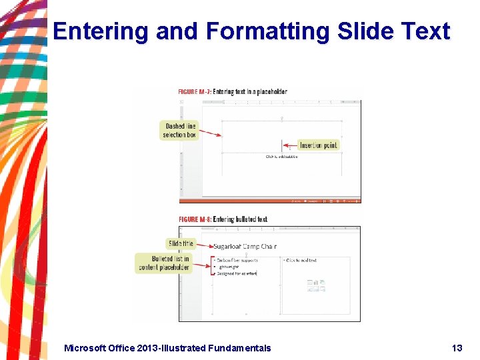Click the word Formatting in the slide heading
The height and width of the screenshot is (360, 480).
tap(267, 32)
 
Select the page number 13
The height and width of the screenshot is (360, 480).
tap(457, 348)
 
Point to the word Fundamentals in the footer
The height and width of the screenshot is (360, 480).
tap(239, 348)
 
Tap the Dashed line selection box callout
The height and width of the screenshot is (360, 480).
tap(180, 131)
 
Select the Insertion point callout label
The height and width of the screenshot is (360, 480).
tap(319, 145)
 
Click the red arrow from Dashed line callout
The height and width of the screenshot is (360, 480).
tap(211, 133)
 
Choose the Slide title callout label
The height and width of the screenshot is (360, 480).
tap(181, 244)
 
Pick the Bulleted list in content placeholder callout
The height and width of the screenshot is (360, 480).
tap(164, 263)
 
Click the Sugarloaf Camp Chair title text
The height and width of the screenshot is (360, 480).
tap(245, 247)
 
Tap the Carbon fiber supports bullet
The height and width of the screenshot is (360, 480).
tap(237, 260)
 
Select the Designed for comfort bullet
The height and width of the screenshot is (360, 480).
tap(237, 273)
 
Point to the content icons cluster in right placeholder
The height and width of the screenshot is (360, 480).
tap(316, 285)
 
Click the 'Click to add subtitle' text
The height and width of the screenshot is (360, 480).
tap(281, 157)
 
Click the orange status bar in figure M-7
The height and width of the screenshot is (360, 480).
tap(270, 200)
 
